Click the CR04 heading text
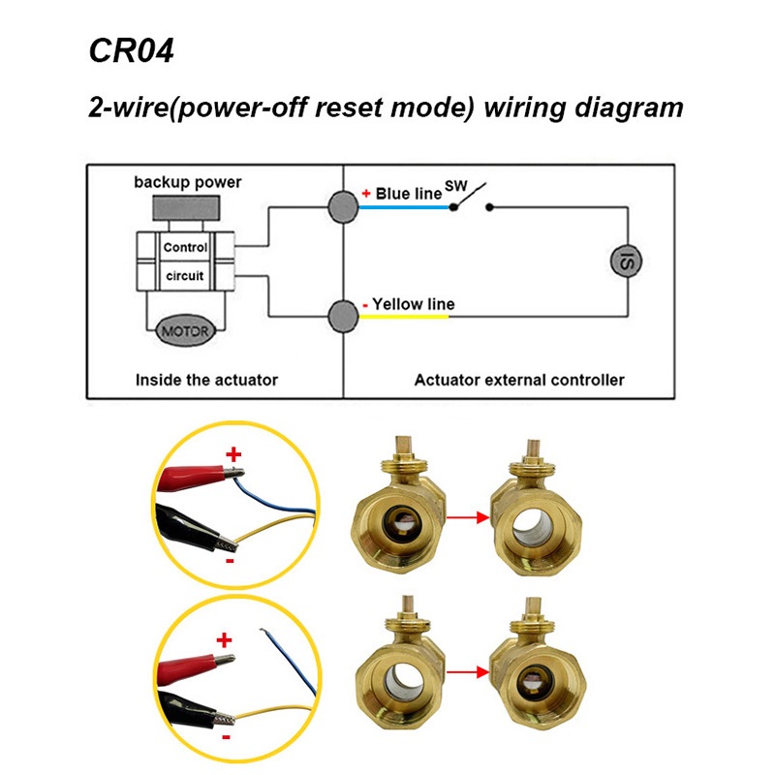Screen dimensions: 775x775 point(131,51)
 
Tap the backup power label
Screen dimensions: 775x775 point(188,182)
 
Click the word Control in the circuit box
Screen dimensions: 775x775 point(185,248)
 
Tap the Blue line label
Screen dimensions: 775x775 point(408,194)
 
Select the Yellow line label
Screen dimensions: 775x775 point(413,304)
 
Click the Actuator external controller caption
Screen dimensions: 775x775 point(519,380)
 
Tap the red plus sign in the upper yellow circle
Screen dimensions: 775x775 point(233,455)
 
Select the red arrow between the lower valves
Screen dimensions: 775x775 point(465,668)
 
